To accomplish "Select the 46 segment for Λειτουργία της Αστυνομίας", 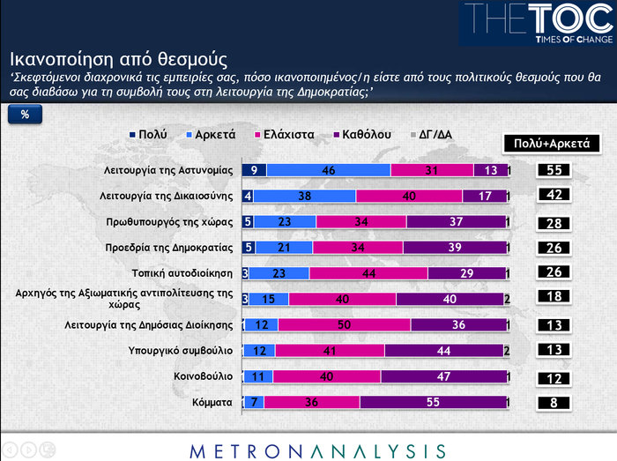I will pos(328,170).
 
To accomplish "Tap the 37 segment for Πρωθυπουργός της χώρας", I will pos(456,221).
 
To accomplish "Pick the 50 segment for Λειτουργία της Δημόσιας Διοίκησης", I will pos(344,324).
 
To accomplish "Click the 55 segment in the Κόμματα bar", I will pos(433,402).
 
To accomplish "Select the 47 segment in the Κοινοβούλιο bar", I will pos(443,376).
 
